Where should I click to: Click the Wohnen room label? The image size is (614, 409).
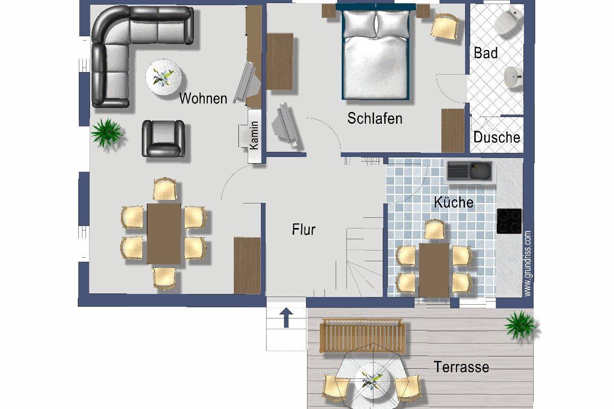click(x=203, y=98)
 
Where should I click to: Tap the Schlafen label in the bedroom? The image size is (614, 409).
click(x=375, y=118)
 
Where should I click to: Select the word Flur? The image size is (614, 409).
click(x=304, y=229)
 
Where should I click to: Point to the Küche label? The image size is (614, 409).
click(x=454, y=202)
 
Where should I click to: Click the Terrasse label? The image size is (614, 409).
click(x=462, y=367)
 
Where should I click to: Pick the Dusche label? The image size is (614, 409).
click(x=497, y=137)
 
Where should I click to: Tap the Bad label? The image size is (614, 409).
click(x=486, y=53)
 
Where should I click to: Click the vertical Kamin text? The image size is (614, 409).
click(x=254, y=135)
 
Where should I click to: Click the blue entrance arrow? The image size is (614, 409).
click(x=287, y=317)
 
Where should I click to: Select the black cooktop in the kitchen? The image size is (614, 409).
click(x=509, y=221)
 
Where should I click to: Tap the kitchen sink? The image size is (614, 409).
click(x=470, y=171)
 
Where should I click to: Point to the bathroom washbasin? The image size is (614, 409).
click(x=513, y=77)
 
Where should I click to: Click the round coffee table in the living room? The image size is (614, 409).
click(x=164, y=77)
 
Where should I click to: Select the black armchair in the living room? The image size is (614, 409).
click(x=163, y=139)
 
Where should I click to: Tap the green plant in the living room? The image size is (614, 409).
click(x=106, y=133)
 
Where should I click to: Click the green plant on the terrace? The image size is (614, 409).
click(x=520, y=325)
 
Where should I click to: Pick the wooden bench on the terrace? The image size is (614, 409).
click(x=362, y=335)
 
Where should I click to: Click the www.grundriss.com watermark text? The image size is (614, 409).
click(x=528, y=263)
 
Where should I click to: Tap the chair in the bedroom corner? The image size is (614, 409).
click(x=445, y=27)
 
